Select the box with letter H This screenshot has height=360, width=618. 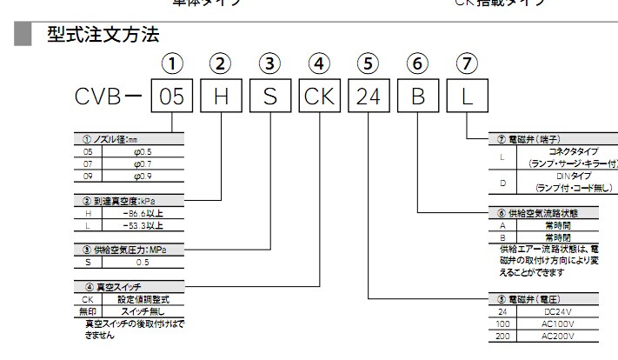[x=221, y=97]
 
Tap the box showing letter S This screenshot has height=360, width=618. [x=270, y=97]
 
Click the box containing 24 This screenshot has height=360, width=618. [x=369, y=97]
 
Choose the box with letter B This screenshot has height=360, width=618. [x=418, y=97]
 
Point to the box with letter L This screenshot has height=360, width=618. [x=467, y=97]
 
